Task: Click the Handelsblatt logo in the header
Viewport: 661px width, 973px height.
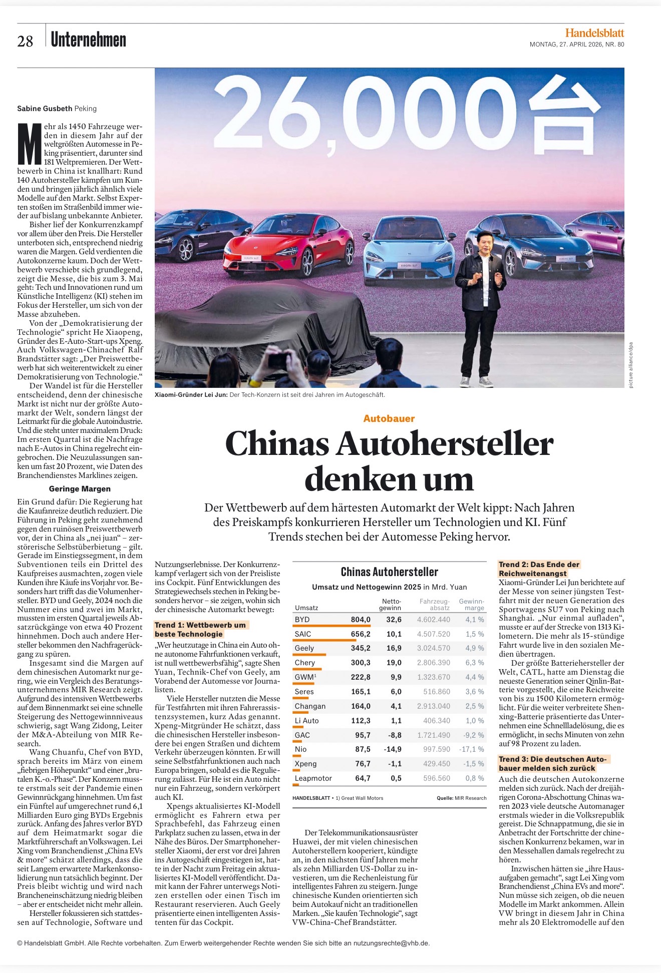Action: coord(594,33)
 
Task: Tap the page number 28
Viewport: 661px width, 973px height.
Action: coord(25,42)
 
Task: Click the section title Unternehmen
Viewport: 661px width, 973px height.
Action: coord(89,40)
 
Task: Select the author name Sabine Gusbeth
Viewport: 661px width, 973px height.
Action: coord(45,109)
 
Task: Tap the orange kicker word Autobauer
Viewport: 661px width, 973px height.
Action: coord(389,418)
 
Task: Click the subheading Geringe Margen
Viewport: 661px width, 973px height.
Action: coord(80,489)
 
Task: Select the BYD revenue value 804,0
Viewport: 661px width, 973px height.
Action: coord(361,620)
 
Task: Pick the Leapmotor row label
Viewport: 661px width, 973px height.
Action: coord(313,778)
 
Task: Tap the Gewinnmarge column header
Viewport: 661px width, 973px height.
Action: coord(472,605)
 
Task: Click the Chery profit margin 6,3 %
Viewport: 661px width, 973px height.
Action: coord(474,663)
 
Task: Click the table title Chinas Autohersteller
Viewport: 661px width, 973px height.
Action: coord(390,572)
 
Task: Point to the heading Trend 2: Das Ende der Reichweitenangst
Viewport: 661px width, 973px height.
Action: coord(539,569)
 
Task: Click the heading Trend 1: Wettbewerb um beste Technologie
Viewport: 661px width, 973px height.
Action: coord(200,630)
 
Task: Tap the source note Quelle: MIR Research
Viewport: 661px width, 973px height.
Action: coord(461,798)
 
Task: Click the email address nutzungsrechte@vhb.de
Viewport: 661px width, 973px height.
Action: coord(391,943)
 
